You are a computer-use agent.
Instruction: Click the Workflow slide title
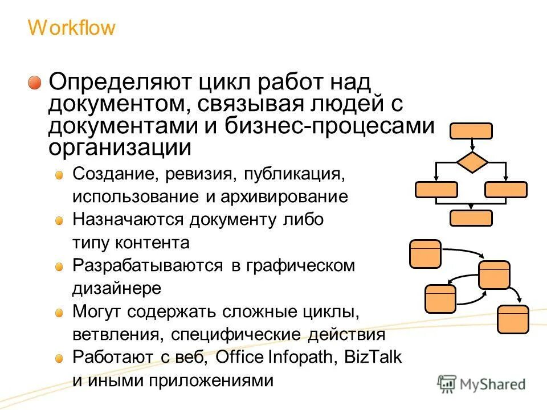tap(71, 28)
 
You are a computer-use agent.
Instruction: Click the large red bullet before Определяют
tap(36, 83)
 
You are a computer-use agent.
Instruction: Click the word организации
tap(120, 148)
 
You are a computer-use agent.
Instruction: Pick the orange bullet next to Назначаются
tap(59, 220)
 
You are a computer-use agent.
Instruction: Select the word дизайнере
tap(117, 288)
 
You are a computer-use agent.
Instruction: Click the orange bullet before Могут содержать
tap(59, 312)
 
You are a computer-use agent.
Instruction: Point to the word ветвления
tap(110, 335)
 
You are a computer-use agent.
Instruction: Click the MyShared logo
tap(481, 384)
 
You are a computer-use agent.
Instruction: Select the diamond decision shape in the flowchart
tap(471, 162)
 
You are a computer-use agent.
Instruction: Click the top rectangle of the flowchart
tap(471, 131)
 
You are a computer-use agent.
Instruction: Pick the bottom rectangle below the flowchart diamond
tap(471, 218)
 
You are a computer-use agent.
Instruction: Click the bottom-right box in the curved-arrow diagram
tap(513, 319)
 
